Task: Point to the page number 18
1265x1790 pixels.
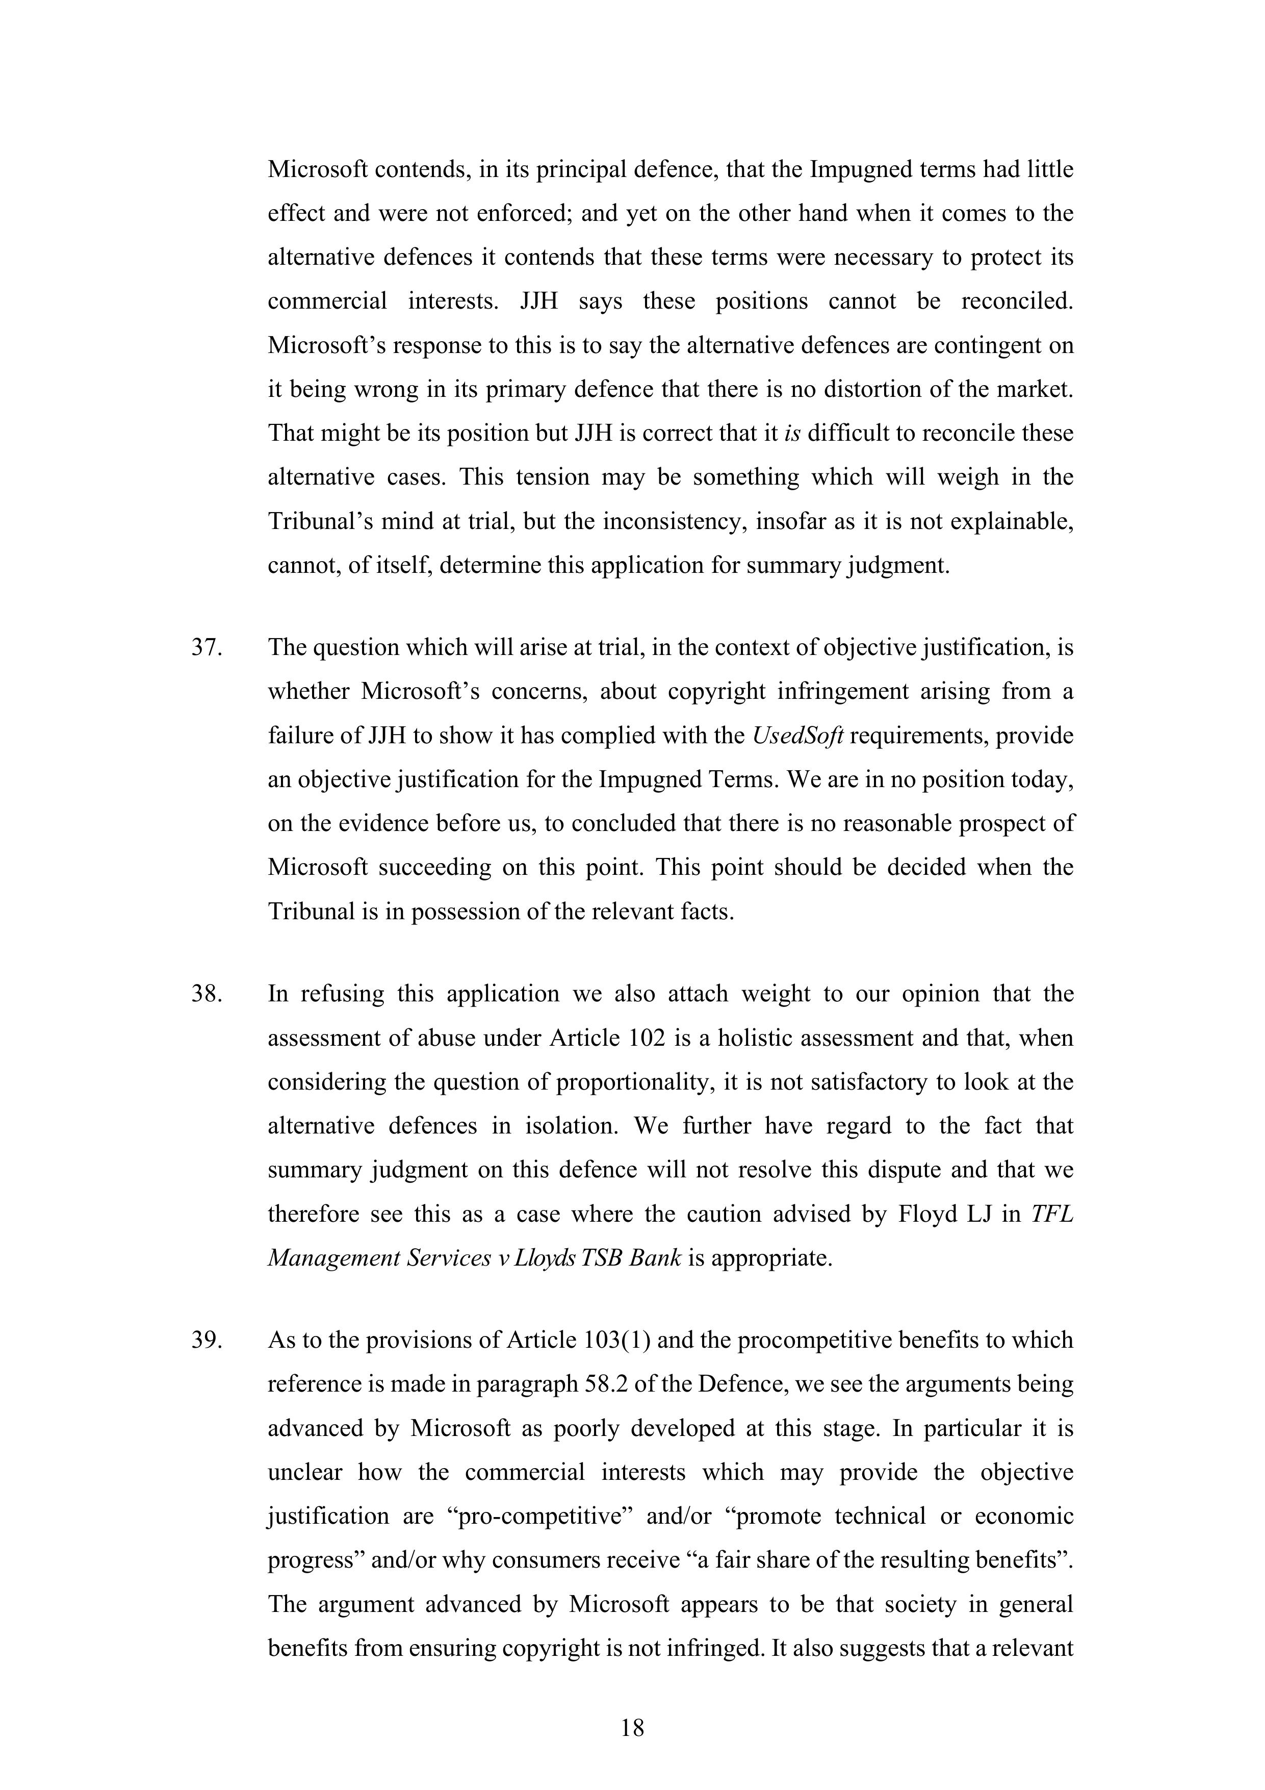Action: (632, 1728)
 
